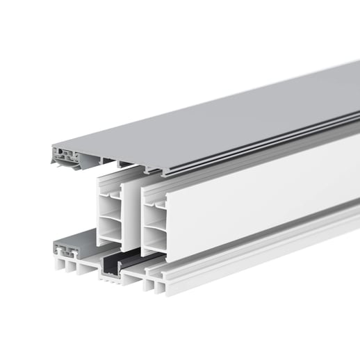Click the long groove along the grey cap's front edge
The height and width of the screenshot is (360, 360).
pyautogui.click(x=278, y=149)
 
